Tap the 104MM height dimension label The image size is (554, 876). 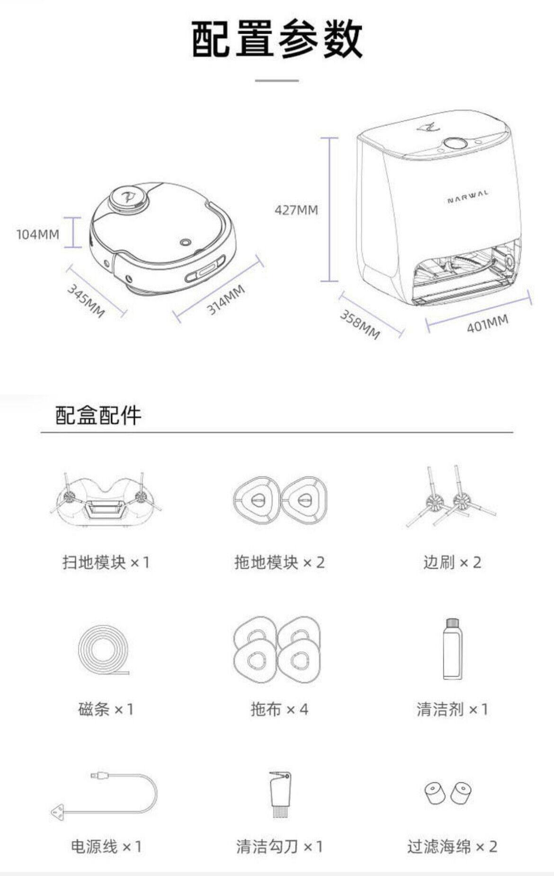(38, 234)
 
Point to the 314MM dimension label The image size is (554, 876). (226, 300)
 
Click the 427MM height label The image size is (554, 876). (296, 210)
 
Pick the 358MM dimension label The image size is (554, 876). (360, 325)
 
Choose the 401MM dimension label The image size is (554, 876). (487, 324)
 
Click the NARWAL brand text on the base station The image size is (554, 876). (468, 197)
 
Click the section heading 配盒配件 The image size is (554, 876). (98, 415)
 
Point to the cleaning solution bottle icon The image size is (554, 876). (453, 649)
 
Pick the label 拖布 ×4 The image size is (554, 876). (279, 709)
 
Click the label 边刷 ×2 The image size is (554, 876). (452, 563)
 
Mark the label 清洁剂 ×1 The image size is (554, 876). (452, 709)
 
